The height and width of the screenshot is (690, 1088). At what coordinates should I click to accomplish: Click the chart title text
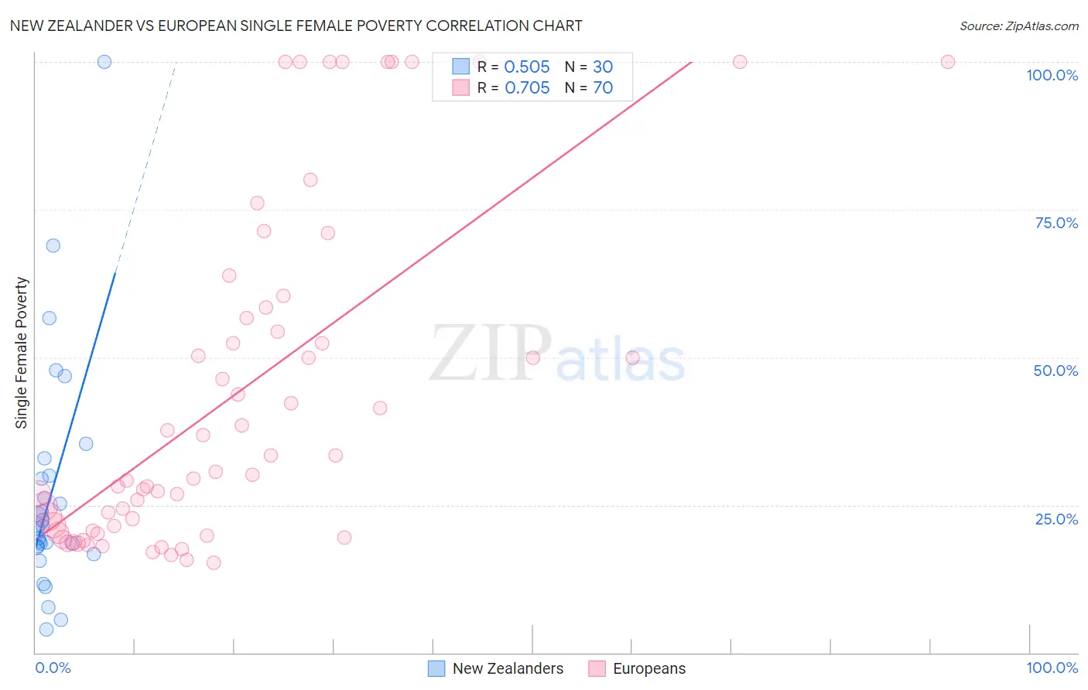coord(296,26)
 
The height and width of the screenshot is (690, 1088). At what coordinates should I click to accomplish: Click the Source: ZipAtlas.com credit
coord(1018,26)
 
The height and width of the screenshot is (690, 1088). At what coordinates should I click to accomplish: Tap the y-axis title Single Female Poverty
coord(22,353)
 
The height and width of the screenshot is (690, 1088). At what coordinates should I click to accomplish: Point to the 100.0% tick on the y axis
coord(1052,75)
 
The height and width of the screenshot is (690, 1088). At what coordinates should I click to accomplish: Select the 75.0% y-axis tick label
coord(1056,223)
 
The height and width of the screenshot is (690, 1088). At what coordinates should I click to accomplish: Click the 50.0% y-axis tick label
coord(1055,371)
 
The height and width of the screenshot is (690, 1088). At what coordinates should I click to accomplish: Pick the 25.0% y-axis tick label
coord(1056,519)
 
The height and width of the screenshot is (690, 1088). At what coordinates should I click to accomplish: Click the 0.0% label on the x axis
coord(53,668)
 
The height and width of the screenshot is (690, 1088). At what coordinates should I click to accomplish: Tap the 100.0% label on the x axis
coord(1052,668)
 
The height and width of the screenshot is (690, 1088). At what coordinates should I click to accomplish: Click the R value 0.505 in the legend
coord(527,67)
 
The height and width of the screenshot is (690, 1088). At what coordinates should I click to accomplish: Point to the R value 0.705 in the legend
coord(527,88)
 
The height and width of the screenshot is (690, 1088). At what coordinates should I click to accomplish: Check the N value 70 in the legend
coord(603,88)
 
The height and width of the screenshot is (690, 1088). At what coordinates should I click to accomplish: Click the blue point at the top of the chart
coord(104,62)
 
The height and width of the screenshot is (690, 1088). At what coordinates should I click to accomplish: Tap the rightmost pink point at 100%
coord(948,62)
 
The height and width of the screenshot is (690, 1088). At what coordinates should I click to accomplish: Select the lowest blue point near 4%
coord(46,630)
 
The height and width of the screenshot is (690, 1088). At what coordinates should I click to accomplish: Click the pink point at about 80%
coord(310,179)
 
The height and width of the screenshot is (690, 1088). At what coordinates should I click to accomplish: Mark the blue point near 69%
coord(53,245)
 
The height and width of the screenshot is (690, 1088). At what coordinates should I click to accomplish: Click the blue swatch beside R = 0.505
coord(461,67)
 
